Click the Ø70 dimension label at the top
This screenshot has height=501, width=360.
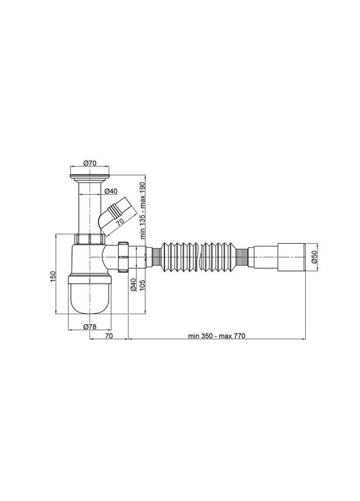[91, 163]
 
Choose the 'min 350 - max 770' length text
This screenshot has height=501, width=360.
[217, 336]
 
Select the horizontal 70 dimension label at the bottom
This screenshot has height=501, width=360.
[110, 336]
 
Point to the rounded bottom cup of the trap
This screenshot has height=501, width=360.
[90, 296]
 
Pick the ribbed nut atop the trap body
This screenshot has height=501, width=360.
[90, 240]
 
